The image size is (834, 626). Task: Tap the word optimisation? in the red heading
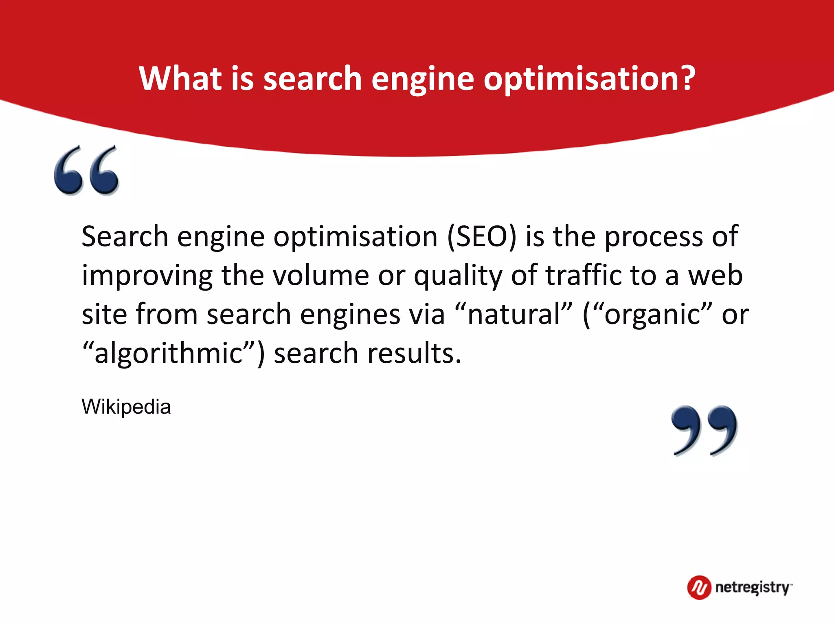(x=589, y=78)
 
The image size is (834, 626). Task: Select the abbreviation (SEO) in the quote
(x=482, y=236)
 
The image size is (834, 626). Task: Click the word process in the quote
(x=653, y=237)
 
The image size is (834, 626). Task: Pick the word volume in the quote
(x=320, y=276)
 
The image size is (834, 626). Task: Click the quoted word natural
(x=514, y=315)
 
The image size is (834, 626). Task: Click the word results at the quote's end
(x=414, y=353)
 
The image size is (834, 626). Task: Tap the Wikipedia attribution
(x=126, y=407)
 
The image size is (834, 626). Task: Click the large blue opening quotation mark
(x=86, y=170)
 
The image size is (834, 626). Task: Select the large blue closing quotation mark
(x=704, y=430)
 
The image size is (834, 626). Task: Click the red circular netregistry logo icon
(x=699, y=588)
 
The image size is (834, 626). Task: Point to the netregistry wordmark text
(x=753, y=588)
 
